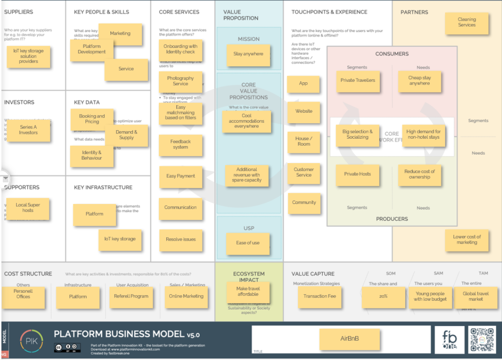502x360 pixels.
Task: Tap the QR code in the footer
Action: click(x=482, y=339)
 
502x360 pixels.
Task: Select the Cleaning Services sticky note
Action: click(x=467, y=23)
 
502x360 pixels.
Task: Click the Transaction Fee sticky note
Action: click(x=320, y=297)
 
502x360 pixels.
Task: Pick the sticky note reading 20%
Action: click(x=384, y=297)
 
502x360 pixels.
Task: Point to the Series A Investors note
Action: click(x=28, y=130)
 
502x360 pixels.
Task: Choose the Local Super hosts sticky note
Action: click(x=28, y=208)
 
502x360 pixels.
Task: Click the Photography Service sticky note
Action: click(x=180, y=81)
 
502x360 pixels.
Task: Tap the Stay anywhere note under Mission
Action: click(x=248, y=55)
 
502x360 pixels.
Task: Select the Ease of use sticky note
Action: click(x=248, y=243)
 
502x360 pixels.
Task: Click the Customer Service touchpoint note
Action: click(x=304, y=172)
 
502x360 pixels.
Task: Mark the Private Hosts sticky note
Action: click(x=357, y=174)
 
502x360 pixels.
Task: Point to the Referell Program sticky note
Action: click(x=131, y=297)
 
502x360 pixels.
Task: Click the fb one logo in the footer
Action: click(x=449, y=339)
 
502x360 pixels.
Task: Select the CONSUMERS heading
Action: click(x=392, y=54)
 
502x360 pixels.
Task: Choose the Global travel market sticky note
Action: click(x=476, y=297)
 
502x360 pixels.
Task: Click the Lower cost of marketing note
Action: click(x=467, y=240)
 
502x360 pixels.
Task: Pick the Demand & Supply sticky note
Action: click(x=126, y=135)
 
